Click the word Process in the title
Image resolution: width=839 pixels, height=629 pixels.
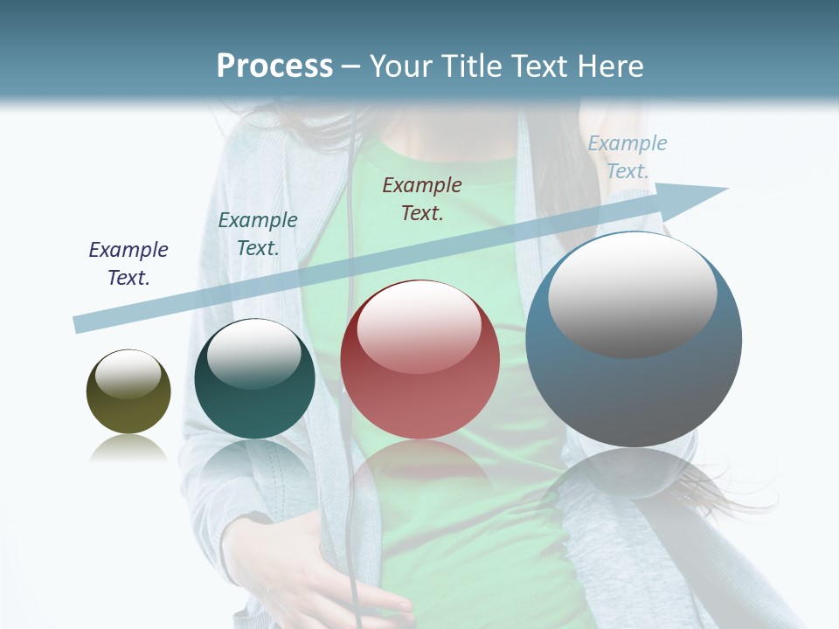(274, 66)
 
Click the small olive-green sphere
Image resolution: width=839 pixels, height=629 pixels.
(128, 391)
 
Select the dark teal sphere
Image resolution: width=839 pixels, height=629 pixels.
(254, 379)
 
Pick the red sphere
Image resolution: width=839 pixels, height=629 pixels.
(419, 360)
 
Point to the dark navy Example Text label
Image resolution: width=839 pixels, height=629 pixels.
(128, 264)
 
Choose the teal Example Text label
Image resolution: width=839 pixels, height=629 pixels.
(258, 234)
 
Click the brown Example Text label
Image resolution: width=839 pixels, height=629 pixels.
(422, 198)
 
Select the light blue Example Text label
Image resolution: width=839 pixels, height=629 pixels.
(628, 157)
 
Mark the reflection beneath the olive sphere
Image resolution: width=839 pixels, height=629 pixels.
(128, 449)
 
